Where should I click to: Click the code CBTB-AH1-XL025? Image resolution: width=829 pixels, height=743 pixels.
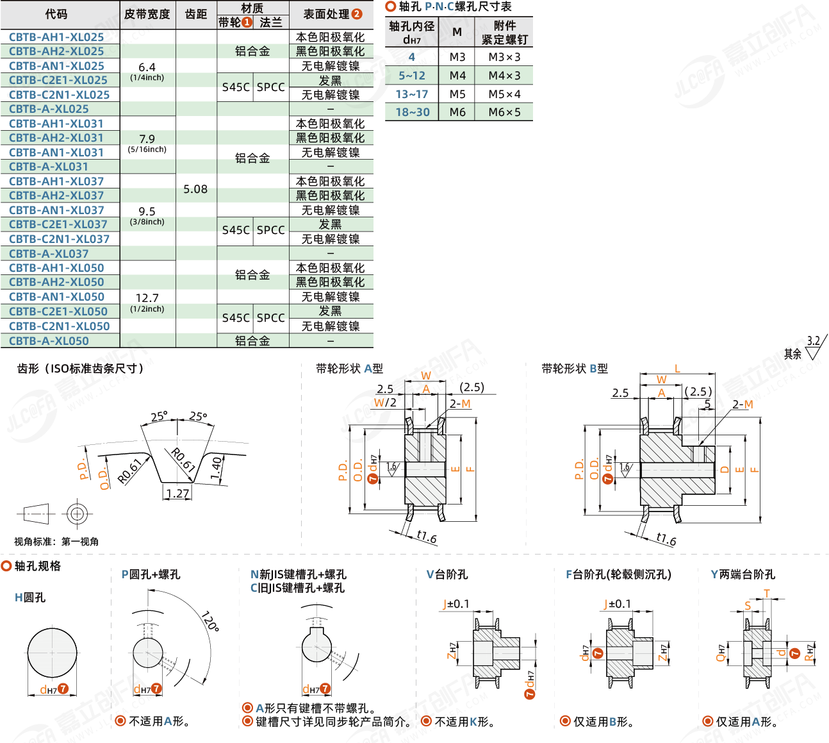click(56, 37)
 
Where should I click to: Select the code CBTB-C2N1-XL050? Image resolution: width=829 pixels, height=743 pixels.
click(60, 326)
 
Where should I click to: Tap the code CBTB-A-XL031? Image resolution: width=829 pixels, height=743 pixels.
click(49, 167)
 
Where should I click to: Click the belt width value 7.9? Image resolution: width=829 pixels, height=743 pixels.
click(147, 139)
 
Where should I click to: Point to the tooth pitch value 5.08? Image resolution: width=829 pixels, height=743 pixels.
click(195, 189)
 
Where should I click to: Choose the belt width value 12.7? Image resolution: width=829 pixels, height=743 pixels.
click(147, 298)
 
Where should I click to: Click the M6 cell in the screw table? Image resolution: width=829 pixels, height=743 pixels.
click(457, 112)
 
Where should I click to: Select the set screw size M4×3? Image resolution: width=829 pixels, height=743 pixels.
click(504, 76)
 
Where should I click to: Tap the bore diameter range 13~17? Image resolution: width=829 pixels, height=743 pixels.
click(411, 94)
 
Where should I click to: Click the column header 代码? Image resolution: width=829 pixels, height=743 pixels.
click(56, 14)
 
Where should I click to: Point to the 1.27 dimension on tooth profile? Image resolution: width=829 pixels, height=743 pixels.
click(177, 494)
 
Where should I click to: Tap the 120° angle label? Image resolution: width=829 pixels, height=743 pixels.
click(210, 621)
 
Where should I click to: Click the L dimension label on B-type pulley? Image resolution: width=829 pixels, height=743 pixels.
click(677, 369)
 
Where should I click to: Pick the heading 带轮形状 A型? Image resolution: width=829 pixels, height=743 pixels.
click(349, 369)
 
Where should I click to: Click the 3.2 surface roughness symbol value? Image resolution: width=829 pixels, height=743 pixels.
click(813, 341)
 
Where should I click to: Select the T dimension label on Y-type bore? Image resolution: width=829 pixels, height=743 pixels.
click(766, 594)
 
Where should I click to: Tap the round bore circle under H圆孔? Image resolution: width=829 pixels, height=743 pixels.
click(52, 652)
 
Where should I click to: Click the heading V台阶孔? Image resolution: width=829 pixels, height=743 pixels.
click(447, 574)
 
